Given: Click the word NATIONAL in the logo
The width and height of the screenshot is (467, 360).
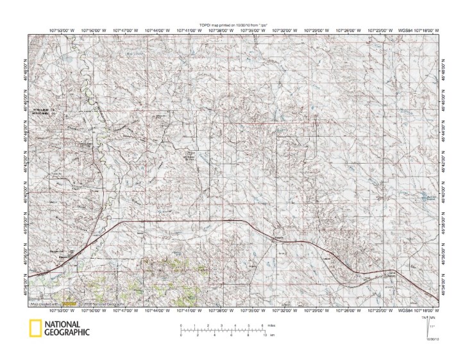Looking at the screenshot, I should click(63, 324).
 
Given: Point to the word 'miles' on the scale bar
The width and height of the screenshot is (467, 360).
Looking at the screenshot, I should click(274, 326).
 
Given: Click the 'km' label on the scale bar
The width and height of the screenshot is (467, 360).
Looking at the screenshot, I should click(273, 336).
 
